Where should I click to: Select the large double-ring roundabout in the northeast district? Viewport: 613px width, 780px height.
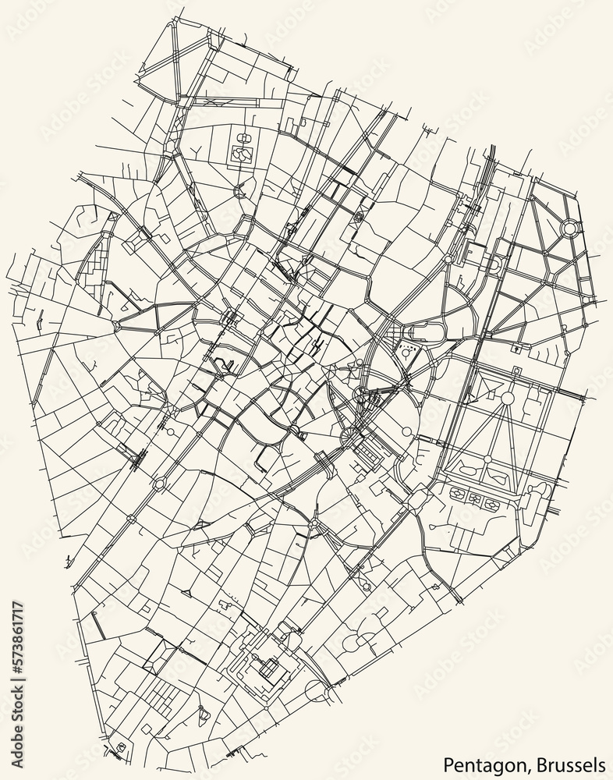click(x=570, y=228)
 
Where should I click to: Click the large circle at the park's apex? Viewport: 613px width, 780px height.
click(x=508, y=399)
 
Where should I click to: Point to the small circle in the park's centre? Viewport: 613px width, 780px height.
click(x=487, y=459)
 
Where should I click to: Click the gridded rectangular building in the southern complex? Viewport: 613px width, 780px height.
click(x=269, y=668)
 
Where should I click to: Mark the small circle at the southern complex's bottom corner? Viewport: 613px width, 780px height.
click(x=316, y=690)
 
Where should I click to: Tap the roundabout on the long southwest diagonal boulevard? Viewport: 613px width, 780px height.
click(x=159, y=484)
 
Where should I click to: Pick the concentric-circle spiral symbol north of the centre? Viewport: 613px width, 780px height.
click(x=359, y=217)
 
